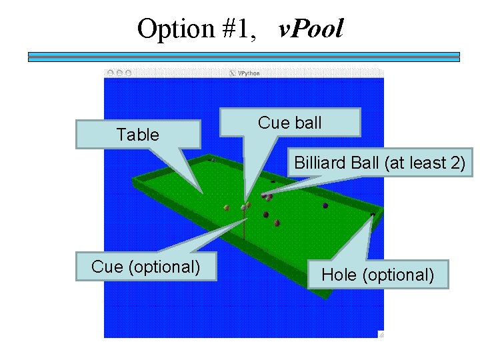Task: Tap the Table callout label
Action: click(138, 135)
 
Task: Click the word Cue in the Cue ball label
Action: click(271, 123)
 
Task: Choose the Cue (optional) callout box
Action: click(146, 267)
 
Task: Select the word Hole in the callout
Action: click(337, 275)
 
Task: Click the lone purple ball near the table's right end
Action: click(325, 205)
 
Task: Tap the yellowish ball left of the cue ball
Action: click(227, 207)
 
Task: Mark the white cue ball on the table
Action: click(244, 207)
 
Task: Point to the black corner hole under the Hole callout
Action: click(372, 214)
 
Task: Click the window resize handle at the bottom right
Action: click(380, 334)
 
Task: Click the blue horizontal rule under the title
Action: click(243, 57)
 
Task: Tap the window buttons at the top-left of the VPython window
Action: click(119, 73)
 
